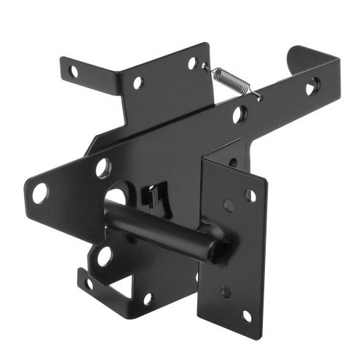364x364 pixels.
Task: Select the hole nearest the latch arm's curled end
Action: coord(311,87)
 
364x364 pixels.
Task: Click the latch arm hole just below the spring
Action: coord(239,114)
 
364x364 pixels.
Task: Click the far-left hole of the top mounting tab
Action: coord(73,71)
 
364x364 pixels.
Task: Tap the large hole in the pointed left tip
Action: coord(39,193)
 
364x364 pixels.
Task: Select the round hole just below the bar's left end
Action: coord(103,256)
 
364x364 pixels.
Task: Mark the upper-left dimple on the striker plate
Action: coord(228,206)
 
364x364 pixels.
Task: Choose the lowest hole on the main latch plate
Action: coord(148,298)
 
